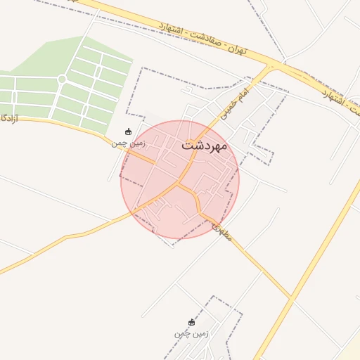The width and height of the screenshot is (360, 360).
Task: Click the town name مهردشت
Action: tap(204, 146)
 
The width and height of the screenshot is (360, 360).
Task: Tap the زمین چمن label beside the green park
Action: tap(129, 143)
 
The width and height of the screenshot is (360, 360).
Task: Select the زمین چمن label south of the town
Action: tap(192, 333)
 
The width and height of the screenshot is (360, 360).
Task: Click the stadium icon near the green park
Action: tap(128, 131)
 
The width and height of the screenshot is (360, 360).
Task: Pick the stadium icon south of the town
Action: tap(192, 322)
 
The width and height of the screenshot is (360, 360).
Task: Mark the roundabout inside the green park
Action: tap(62, 79)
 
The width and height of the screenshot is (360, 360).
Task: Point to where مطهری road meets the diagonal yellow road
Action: tap(291, 299)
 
